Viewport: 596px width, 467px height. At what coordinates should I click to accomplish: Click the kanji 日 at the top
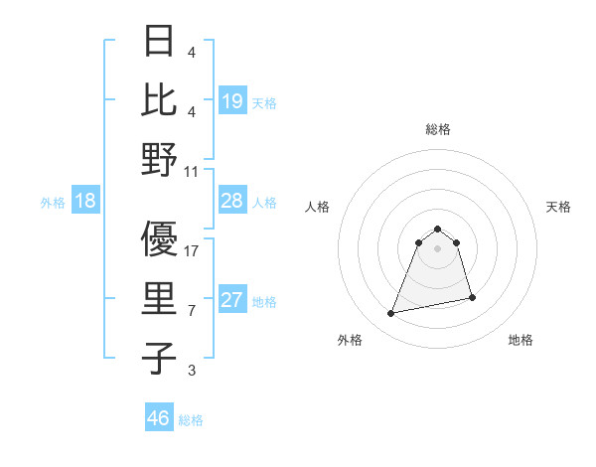click(158, 43)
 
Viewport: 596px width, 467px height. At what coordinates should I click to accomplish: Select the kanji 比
click(158, 100)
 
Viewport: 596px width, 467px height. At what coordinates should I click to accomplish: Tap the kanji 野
click(158, 159)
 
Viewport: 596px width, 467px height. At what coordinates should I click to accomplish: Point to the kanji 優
click(158, 239)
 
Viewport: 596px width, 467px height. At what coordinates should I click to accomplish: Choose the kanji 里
click(158, 300)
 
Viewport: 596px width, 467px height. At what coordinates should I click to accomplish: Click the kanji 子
click(158, 359)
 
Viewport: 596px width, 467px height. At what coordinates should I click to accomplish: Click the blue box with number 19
click(231, 101)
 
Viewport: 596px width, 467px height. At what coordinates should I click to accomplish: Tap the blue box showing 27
click(231, 301)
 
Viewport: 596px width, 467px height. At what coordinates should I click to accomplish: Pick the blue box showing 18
click(84, 202)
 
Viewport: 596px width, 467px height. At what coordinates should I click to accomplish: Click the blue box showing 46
click(158, 418)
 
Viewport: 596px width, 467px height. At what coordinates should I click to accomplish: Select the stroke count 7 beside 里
click(192, 312)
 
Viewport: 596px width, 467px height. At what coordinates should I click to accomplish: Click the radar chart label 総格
click(437, 129)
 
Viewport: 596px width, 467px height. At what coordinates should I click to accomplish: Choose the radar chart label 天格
click(558, 207)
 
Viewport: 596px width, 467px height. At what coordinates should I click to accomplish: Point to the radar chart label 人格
click(317, 207)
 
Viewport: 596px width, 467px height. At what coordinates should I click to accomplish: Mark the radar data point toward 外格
click(391, 314)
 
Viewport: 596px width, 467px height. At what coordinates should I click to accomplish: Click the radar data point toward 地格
click(472, 297)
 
